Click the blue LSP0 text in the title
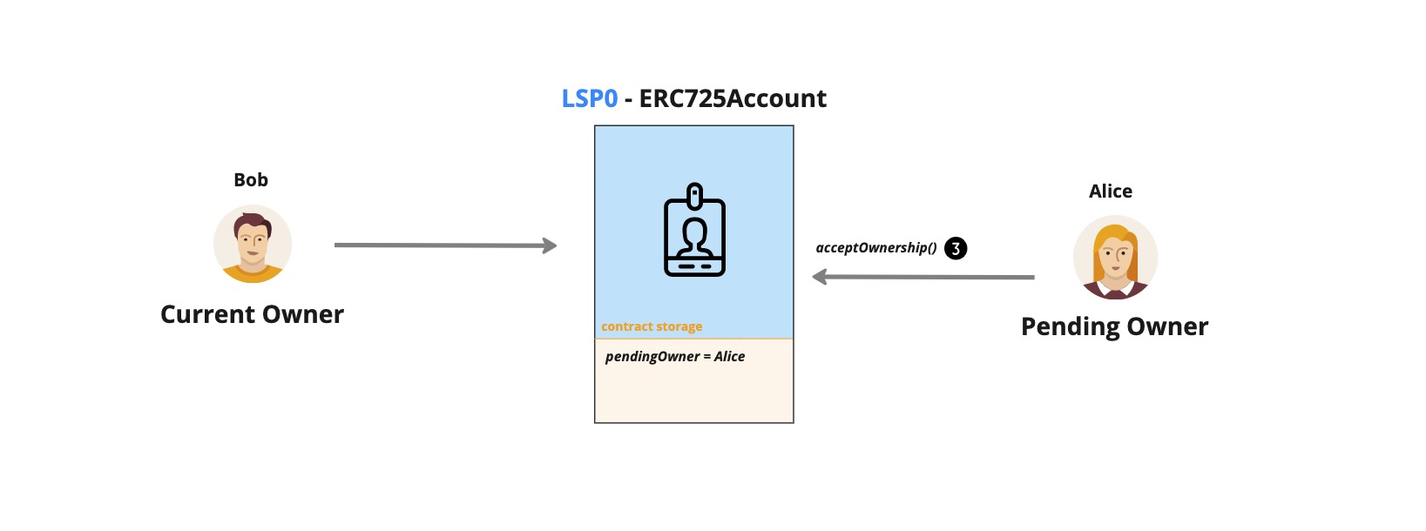pos(590,98)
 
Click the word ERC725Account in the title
pos(732,98)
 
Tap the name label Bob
pos(251,180)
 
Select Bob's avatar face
pos(253,239)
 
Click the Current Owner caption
pos(252,314)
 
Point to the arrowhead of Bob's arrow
pos(551,245)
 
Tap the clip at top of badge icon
pos(694,194)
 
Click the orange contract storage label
pos(652,326)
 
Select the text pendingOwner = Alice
pos(675,357)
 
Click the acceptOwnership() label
pos(875,248)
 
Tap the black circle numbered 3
pos(956,249)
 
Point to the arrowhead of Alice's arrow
pos(819,277)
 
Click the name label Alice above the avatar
pos(1111,192)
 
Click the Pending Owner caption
pos(1114,326)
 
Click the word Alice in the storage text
pos(729,357)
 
